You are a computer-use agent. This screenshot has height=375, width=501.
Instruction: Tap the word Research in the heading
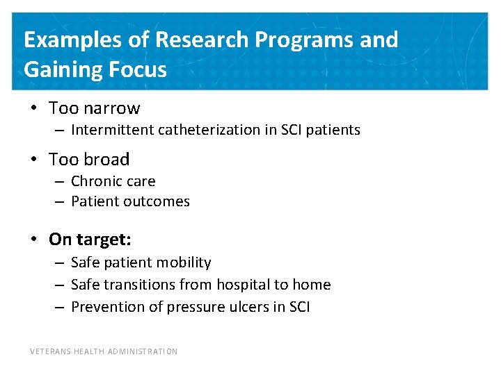(x=202, y=40)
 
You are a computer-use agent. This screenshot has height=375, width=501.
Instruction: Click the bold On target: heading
(x=90, y=240)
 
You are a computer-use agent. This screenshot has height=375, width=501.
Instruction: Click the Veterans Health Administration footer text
(x=104, y=351)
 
